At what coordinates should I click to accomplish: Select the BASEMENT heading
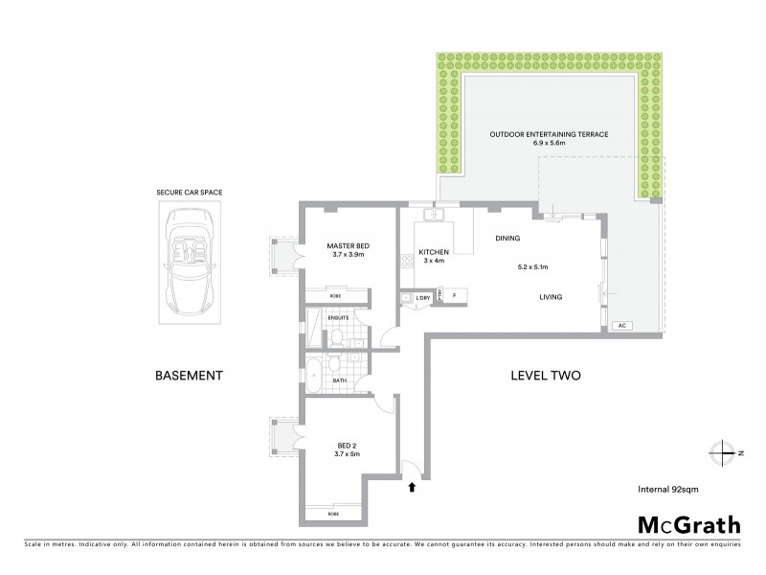coord(189,376)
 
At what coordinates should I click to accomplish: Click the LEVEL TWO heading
coord(547,376)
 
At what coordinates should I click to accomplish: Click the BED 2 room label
coord(348,445)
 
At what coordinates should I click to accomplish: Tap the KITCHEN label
coord(434,252)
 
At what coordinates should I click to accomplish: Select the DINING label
coord(508,238)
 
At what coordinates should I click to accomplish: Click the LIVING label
coord(550,297)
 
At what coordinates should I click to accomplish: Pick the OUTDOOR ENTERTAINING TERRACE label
coord(549,134)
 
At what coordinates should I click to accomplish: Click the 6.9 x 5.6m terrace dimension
coord(549,144)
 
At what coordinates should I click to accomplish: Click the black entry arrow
coord(412,486)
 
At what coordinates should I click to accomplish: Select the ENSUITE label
coord(338,317)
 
